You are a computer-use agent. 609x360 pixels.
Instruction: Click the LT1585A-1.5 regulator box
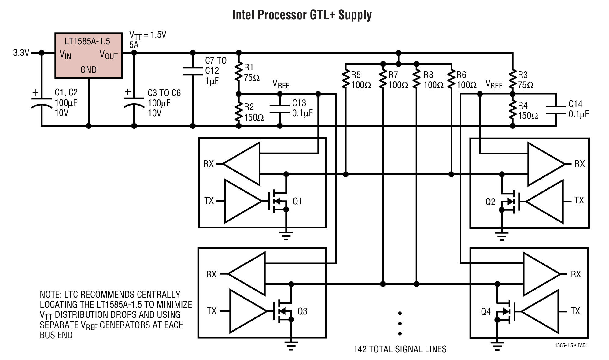[x=88, y=55]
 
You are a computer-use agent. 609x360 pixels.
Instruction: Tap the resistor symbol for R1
[x=239, y=72]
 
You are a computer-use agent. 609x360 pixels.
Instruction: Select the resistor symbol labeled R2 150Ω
[x=239, y=112]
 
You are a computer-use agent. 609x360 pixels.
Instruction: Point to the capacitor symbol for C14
[x=555, y=109]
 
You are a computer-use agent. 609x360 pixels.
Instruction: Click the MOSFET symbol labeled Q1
[x=277, y=201]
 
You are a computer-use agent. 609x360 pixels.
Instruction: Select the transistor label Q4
[x=485, y=312]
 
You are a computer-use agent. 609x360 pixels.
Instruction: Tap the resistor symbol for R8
[x=416, y=80]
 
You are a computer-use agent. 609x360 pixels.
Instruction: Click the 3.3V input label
[x=21, y=53]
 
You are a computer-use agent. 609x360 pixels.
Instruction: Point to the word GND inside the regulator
[x=88, y=70]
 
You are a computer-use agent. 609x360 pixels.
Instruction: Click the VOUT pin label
[x=109, y=55]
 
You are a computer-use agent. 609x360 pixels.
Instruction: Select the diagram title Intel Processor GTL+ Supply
[x=302, y=15]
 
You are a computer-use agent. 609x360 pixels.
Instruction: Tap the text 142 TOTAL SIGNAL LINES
[x=400, y=349]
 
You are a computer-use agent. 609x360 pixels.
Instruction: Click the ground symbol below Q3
[x=291, y=345]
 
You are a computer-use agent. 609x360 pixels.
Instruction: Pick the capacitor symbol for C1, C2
[x=42, y=102]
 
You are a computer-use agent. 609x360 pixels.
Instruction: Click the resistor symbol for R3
[x=513, y=80]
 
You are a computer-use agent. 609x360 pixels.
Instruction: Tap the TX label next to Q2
[x=579, y=201]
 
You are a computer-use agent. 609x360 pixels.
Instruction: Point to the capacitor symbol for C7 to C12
[x=193, y=71]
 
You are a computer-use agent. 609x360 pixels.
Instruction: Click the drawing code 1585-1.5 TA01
[x=571, y=346]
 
